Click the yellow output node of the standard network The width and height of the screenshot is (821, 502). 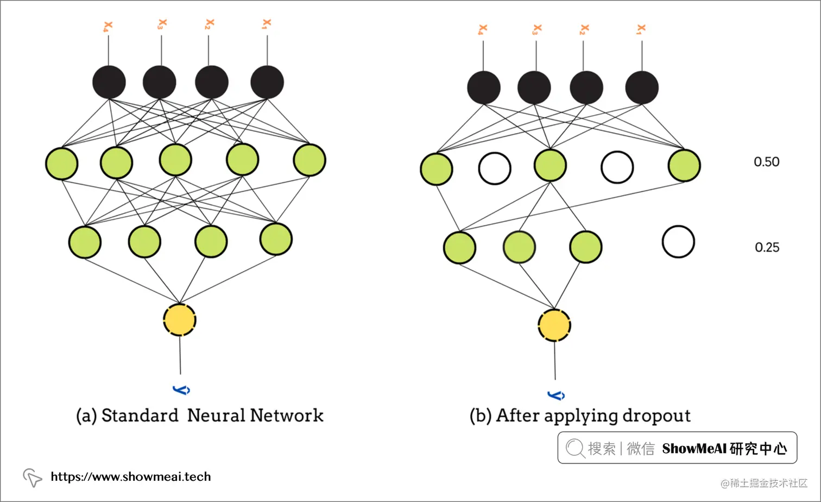tap(180, 320)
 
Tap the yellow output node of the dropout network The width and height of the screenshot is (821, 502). tap(554, 325)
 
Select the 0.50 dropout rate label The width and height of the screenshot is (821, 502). tap(766, 162)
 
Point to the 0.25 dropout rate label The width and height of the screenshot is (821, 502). tap(767, 248)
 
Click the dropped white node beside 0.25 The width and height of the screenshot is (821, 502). tap(678, 242)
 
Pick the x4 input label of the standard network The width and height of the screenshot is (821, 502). tap(108, 27)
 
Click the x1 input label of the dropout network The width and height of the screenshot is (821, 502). tap(641, 29)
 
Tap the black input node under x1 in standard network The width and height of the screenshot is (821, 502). tap(267, 82)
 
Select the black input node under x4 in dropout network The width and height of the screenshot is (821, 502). tap(484, 87)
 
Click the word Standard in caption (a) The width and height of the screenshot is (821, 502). tap(140, 416)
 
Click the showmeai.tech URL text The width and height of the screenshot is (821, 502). tap(130, 477)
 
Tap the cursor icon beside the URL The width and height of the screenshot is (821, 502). tap(33, 478)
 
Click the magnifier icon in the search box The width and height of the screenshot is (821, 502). tap(574, 448)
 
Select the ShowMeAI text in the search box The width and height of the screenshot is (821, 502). tap(694, 449)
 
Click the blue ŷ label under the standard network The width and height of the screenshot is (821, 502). tap(181, 390)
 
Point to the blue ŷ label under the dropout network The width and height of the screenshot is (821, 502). tap(556, 395)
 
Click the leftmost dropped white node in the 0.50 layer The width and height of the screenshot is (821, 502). tap(495, 168)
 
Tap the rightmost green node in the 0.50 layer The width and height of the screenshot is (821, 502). tap(684, 166)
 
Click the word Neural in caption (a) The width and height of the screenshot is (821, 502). tap(215, 416)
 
